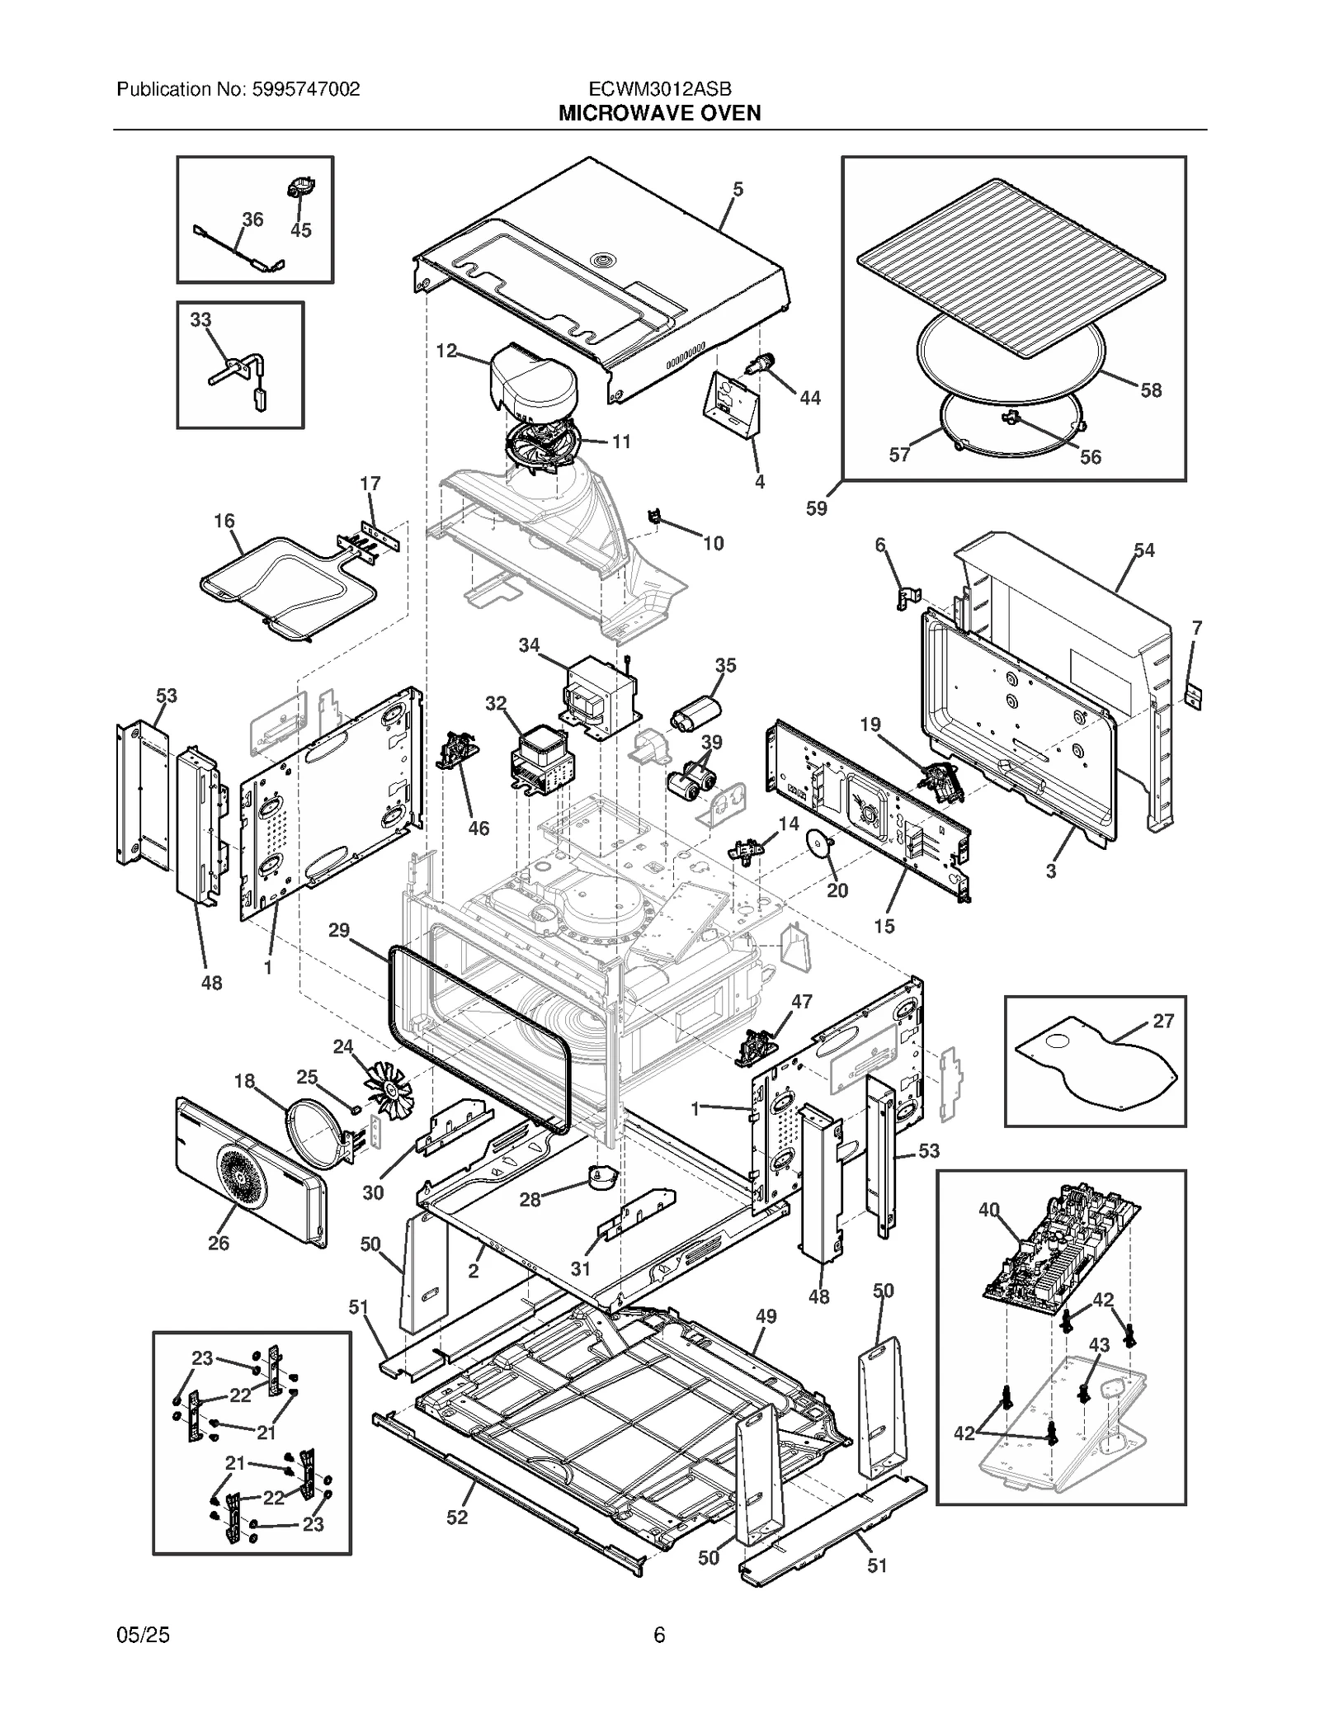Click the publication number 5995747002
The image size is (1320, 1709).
(x=303, y=89)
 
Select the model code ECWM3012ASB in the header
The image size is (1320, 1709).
(x=659, y=89)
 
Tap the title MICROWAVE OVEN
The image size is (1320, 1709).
(x=659, y=113)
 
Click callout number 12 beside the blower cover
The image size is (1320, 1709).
(x=445, y=351)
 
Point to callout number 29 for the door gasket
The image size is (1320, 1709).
(x=339, y=930)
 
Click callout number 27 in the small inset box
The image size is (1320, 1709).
(x=1162, y=1022)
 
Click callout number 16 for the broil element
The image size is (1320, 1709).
(x=224, y=521)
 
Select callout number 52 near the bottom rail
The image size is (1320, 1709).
(x=457, y=1517)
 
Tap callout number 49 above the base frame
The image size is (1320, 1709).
(x=766, y=1316)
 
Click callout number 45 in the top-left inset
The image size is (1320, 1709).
(x=301, y=230)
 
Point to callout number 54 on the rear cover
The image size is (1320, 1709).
(x=1143, y=550)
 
